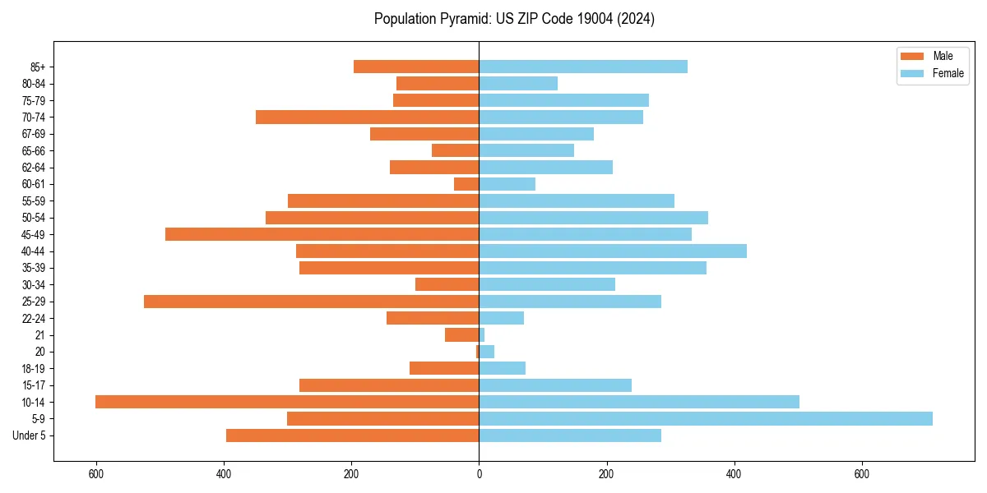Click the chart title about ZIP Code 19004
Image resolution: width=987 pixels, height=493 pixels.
pos(514,19)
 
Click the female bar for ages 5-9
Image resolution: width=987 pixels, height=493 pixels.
pos(706,419)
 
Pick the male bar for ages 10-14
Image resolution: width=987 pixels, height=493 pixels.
pos(287,402)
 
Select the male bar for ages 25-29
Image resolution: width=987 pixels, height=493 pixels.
pos(311,302)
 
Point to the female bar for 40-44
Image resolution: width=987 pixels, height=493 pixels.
pos(613,251)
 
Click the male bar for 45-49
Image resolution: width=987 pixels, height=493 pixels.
pos(322,234)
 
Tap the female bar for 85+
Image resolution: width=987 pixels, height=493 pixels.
pos(583,67)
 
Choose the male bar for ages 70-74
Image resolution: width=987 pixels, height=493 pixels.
pos(367,117)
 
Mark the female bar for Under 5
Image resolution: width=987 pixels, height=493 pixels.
pos(570,435)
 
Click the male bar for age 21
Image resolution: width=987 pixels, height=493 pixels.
pos(461,335)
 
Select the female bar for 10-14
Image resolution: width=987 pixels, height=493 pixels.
pos(639,402)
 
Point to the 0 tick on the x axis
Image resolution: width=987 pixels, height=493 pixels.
pos(479,474)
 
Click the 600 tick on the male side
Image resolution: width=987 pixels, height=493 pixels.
pos(96,474)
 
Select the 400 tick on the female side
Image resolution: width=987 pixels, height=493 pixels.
pos(734,474)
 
